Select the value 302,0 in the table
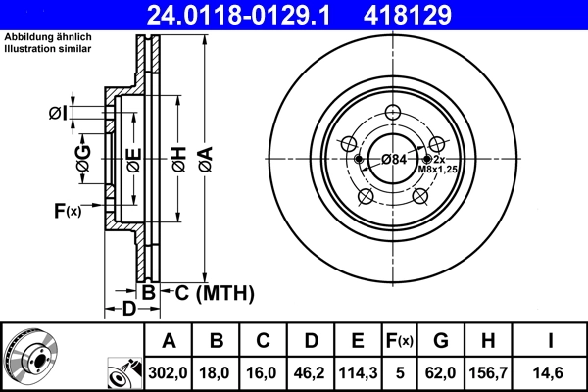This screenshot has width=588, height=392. (x=169, y=371)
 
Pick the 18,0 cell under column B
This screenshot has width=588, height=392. (x=216, y=371)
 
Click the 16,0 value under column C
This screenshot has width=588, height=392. (x=263, y=371)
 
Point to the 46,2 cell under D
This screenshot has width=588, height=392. (x=310, y=371)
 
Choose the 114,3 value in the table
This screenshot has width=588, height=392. (x=357, y=371)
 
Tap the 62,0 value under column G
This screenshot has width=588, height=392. (x=441, y=371)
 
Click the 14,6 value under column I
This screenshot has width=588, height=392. (x=549, y=371)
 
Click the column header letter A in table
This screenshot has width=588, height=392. (x=169, y=341)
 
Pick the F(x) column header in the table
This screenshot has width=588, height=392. (x=400, y=341)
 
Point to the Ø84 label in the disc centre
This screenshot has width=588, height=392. (x=394, y=160)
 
